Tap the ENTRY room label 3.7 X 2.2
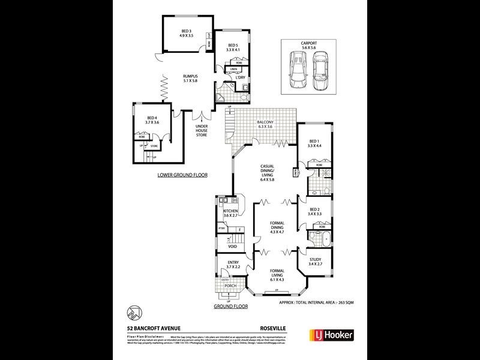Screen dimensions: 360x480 (231, 265)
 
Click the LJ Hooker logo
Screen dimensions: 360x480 (331, 335)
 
